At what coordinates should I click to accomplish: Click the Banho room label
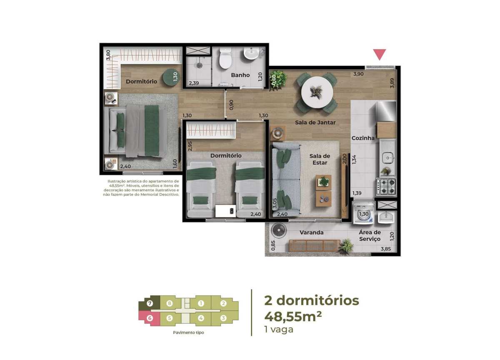(x=240, y=75)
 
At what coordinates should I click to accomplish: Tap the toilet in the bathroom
(x=225, y=58)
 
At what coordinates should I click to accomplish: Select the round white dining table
(x=317, y=92)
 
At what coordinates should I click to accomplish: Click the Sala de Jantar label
(x=315, y=122)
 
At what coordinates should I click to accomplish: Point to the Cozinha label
(x=363, y=138)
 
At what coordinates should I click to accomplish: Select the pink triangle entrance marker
(x=380, y=55)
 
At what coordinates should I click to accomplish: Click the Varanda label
(x=311, y=232)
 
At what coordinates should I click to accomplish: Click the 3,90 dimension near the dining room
(x=358, y=74)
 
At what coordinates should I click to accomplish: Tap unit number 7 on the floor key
(x=150, y=304)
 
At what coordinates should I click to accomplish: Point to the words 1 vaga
(x=279, y=330)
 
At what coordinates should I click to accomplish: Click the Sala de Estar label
(x=320, y=159)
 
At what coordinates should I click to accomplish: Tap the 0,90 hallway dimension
(x=231, y=105)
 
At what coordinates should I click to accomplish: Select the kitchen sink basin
(x=388, y=158)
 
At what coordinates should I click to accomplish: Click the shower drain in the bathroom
(x=199, y=65)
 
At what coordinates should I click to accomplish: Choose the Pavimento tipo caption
(x=188, y=332)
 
